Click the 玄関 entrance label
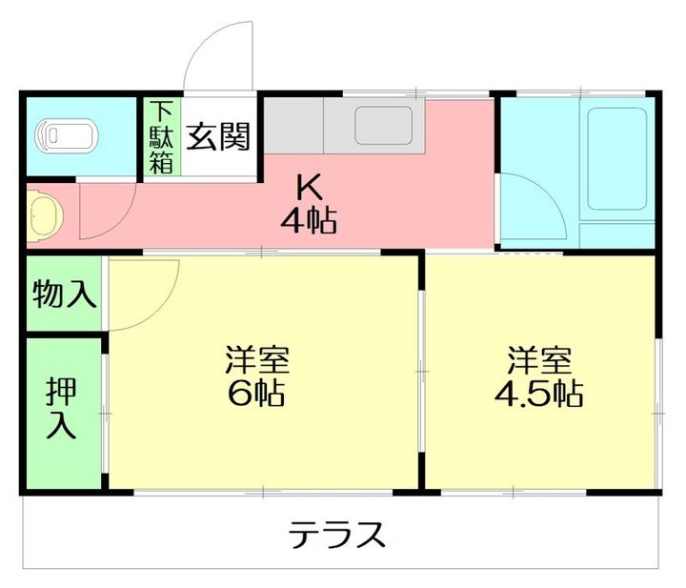tap(218, 137)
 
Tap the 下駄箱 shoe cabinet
tap(160, 137)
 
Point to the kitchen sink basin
tap(383, 125)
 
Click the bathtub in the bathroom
tap(620, 157)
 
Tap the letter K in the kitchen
tap(307, 186)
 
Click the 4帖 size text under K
tap(307, 221)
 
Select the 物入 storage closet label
tap(65, 294)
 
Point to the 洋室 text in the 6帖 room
tap(257, 360)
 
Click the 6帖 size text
tap(257, 394)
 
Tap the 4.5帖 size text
tap(539, 394)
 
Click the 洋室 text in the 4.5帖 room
tap(539, 360)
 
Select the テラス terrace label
tap(338, 535)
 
